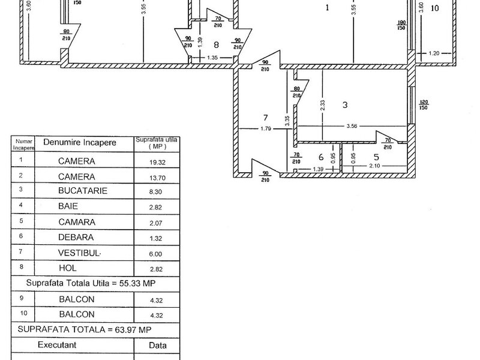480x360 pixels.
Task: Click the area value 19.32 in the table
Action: (157, 162)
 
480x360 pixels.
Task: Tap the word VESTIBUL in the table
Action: (79, 253)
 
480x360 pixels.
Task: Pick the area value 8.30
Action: (155, 192)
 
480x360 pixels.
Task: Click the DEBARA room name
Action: (76, 237)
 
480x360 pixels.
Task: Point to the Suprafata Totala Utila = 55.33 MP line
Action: (91, 283)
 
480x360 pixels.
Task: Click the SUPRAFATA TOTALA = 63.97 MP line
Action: (85, 329)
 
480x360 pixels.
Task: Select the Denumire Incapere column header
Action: (80, 142)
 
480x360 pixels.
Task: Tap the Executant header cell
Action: (57, 345)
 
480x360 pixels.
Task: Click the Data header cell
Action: (158, 346)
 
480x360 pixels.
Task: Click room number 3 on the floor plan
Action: (345, 105)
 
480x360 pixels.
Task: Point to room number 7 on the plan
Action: (265, 118)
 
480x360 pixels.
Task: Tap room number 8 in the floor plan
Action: (217, 45)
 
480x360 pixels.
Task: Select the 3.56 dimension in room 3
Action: (352, 126)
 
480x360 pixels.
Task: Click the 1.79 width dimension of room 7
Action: (266, 129)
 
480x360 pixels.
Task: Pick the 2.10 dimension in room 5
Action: (374, 166)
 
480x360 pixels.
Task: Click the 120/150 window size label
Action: (424, 104)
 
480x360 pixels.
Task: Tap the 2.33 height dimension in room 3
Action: (322, 106)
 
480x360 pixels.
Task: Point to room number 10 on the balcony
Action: (434, 8)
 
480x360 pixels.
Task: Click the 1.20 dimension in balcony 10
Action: (434, 53)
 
